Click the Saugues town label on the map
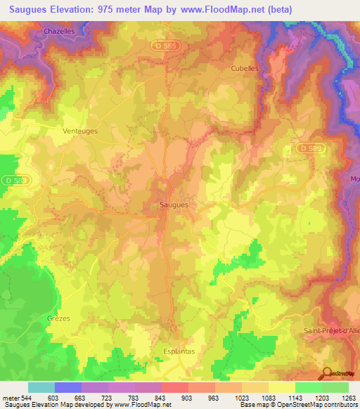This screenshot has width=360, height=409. point(169,204)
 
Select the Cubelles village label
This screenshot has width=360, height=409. point(246,68)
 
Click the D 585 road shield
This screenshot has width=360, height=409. point(163,45)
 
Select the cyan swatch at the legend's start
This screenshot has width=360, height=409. point(41,387)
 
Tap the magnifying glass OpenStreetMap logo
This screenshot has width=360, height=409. point(326,373)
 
